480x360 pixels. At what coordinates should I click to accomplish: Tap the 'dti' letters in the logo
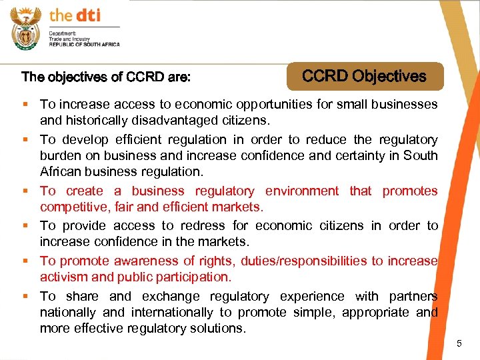(x=86, y=15)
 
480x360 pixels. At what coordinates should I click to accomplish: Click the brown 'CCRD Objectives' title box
(x=364, y=76)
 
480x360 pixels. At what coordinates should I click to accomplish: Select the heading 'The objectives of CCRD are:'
(x=106, y=77)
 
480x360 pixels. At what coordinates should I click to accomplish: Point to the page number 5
(x=459, y=343)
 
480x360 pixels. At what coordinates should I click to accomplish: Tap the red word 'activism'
(x=65, y=277)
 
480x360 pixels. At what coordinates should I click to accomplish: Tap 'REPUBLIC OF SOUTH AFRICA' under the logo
(x=85, y=44)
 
